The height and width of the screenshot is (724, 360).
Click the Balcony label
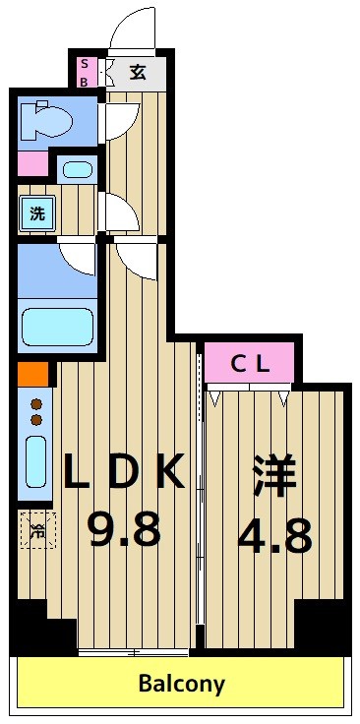click(181, 683)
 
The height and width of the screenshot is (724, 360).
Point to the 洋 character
click(275, 475)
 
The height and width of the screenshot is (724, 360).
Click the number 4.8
click(275, 536)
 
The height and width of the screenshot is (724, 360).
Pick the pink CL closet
click(250, 363)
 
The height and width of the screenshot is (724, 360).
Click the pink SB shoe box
click(84, 73)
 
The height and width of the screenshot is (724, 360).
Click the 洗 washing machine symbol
click(35, 212)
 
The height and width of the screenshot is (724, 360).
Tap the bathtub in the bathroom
click(57, 326)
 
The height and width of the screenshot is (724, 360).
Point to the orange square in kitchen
click(31, 375)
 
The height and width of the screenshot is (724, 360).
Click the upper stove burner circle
click(37, 403)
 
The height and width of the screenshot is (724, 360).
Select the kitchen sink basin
click(35, 460)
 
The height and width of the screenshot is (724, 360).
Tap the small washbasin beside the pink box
click(77, 169)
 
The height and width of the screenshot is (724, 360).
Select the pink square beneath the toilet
click(31, 164)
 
